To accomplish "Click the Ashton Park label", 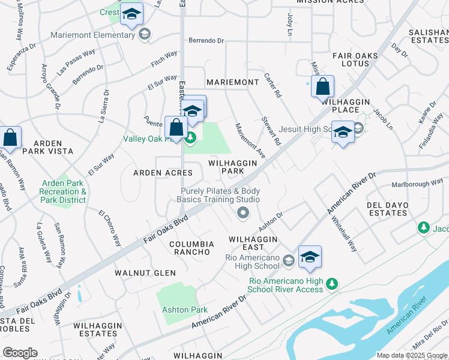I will pos(184,310).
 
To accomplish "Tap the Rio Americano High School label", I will pos(252,262).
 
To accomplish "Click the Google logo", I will pos(20,353).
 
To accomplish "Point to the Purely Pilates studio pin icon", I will pos(243,212).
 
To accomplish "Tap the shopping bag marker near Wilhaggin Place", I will pos(322,86).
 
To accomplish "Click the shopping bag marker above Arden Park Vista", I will pos(10,137).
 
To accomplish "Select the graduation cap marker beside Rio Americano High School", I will pos(310,257).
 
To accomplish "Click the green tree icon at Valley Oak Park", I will pos(191,139).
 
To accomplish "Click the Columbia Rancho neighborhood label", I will pos(191,248).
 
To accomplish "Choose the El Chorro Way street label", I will pos(110,228).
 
